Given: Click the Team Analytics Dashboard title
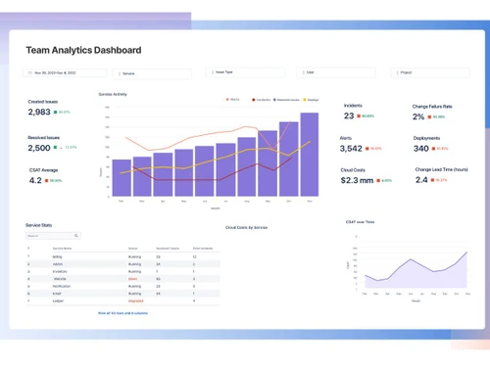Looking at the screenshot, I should pos(83,50).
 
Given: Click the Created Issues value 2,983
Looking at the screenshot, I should pos(39,113).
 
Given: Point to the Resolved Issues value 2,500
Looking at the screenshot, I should pos(39,148).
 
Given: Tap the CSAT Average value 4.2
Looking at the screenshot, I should pos(35,180).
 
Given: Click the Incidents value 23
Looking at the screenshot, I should pos(349,115).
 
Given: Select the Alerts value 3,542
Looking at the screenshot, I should pos(351,149).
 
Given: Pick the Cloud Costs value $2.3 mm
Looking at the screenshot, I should pos(357,180).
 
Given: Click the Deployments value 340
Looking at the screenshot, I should pos(421,149).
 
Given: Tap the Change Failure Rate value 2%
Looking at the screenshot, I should pos(418,116).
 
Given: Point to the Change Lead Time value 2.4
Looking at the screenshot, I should pos(421,180).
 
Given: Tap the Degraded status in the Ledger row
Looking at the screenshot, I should pos(135,299).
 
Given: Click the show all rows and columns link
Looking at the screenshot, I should pos(122,313).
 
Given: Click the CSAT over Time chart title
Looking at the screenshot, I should pos(360,222).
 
